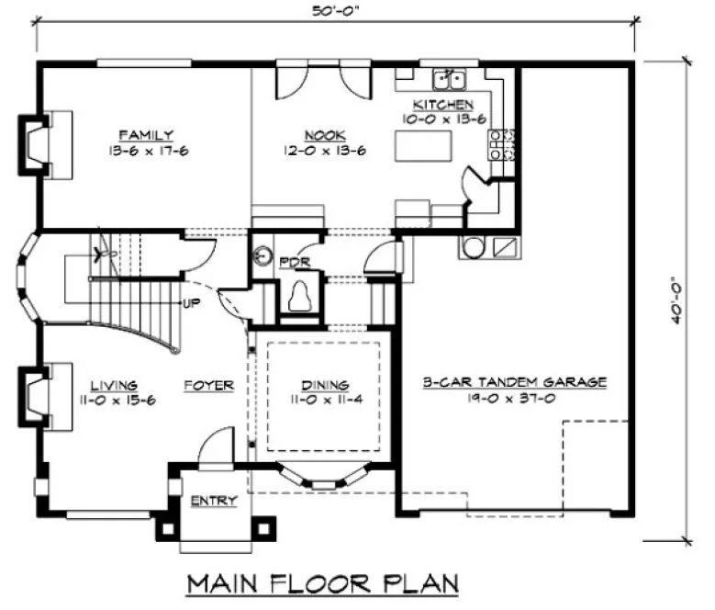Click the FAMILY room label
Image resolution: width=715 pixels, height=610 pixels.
(x=151, y=135)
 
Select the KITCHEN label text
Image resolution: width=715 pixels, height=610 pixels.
(x=442, y=104)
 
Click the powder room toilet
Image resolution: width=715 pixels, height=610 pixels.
(x=299, y=296)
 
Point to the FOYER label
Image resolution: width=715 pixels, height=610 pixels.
(x=207, y=385)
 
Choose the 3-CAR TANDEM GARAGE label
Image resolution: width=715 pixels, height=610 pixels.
(x=513, y=382)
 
